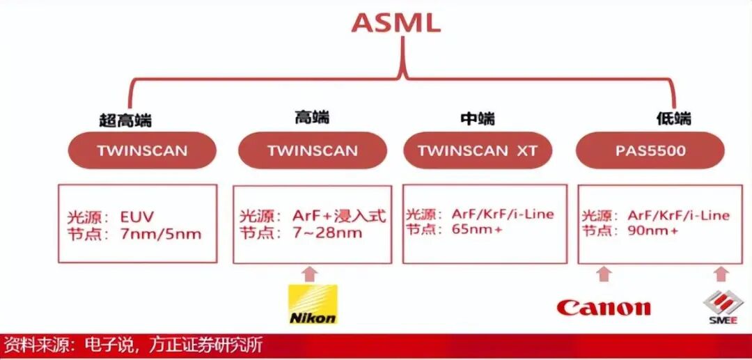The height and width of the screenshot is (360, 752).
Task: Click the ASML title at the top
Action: click(x=396, y=23)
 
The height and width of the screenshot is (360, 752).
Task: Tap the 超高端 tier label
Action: click(x=125, y=120)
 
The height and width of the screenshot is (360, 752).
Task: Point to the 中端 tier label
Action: click(x=478, y=118)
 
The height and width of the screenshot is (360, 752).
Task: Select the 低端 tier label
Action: click(x=673, y=118)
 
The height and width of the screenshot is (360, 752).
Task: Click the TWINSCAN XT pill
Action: click(x=478, y=151)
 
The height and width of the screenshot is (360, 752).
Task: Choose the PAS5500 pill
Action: click(x=650, y=150)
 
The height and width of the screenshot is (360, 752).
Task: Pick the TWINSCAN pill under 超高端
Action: click(x=142, y=150)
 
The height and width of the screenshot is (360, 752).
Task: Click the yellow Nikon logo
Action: click(x=313, y=304)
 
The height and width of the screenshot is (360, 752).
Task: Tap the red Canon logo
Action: click(x=604, y=307)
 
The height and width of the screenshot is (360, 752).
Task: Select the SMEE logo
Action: click(x=722, y=307)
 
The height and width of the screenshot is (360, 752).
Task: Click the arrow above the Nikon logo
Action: click(x=311, y=274)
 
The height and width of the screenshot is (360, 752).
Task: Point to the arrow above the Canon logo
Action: click(x=604, y=274)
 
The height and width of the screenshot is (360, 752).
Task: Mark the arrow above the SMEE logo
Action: click(x=721, y=274)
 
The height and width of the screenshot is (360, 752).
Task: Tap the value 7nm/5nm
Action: click(x=160, y=234)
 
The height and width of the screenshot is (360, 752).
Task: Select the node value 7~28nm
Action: click(x=327, y=233)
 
